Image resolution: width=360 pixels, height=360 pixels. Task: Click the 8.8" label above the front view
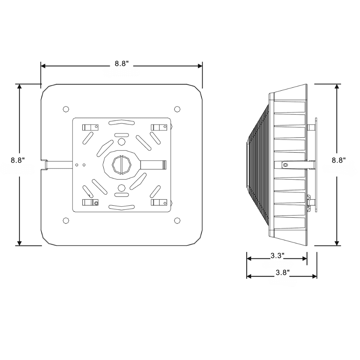click(122, 64)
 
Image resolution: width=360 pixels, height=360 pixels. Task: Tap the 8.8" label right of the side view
click(339, 160)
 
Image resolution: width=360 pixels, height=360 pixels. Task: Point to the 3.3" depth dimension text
click(277, 256)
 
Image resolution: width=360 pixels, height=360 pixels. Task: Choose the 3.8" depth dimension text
click(282, 273)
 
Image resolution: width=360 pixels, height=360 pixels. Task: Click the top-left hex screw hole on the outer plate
click(66, 109)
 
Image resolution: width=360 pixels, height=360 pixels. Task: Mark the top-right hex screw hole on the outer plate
click(177, 109)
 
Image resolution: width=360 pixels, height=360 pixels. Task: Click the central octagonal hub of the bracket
click(121, 165)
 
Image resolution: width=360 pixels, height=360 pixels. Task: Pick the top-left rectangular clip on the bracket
click(90, 127)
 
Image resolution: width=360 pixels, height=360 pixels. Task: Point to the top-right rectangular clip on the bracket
click(159, 127)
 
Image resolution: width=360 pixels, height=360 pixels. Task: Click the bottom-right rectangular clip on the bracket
click(159, 202)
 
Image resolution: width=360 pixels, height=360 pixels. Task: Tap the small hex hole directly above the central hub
click(121, 142)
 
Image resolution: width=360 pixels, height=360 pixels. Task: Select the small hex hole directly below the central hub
click(121, 187)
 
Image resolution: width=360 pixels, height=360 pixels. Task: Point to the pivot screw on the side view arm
click(285, 165)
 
